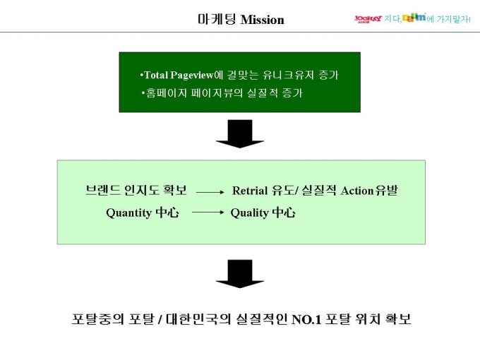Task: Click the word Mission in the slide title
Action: [x=262, y=20]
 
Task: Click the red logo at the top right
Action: [x=368, y=18]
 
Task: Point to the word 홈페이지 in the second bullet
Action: [x=160, y=93]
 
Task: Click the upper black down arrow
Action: [x=239, y=133]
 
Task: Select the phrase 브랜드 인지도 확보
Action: [x=136, y=190]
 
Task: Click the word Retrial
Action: [x=251, y=191]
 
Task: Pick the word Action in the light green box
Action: [x=357, y=191]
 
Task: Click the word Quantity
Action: [x=128, y=212]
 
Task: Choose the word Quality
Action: [x=249, y=212]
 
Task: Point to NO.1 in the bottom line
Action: [x=306, y=319]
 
